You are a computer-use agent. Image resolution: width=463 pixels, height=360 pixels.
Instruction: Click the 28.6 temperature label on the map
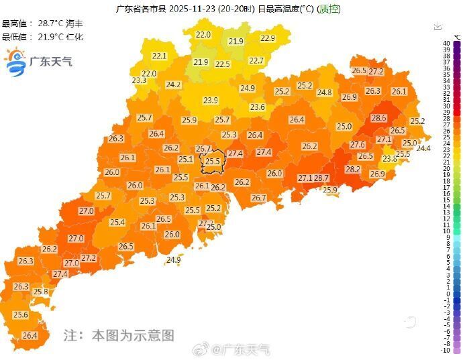tap(379, 118)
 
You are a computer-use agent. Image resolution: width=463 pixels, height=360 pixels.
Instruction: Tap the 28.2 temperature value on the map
tap(353, 170)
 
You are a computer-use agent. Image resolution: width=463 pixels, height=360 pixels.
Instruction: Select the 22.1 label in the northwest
tap(159, 56)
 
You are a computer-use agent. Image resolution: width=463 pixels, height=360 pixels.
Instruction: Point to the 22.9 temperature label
tap(268, 38)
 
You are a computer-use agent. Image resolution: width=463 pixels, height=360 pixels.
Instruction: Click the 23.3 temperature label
tap(139, 80)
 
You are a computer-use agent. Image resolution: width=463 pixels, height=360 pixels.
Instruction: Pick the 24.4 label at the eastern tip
tap(423, 148)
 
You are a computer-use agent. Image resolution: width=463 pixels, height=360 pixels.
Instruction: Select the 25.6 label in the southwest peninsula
tap(21, 315)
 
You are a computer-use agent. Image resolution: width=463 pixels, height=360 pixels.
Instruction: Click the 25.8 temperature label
tap(41, 292)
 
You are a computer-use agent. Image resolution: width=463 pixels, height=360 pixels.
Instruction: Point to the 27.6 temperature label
tap(358, 145)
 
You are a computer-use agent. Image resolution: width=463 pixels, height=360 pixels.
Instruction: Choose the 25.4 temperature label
tap(117, 223)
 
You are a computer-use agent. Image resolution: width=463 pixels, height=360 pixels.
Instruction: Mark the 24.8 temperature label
tap(325, 93)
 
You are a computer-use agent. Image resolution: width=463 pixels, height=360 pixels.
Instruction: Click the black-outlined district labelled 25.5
tap(213, 162)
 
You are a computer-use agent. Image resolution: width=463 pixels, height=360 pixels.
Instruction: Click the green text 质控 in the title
tap(329, 9)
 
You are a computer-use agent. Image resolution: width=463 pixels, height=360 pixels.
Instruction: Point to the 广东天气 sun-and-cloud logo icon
tap(15, 62)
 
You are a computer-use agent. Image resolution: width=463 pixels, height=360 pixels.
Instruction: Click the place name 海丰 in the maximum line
tap(66, 23)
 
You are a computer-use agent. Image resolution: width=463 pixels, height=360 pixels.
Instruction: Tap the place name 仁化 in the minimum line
tap(66, 36)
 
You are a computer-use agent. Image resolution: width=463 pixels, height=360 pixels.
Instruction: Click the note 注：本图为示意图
tap(119, 335)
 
